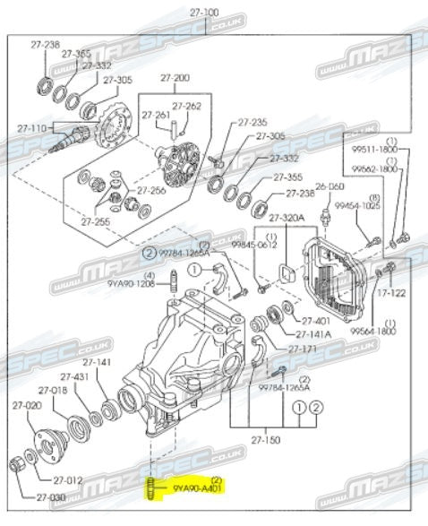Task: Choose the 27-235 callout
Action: tap(253, 122)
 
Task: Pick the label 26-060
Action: tap(330, 186)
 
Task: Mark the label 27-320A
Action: tap(287, 216)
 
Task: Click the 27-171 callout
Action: tap(303, 348)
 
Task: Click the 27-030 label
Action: tap(52, 497)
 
